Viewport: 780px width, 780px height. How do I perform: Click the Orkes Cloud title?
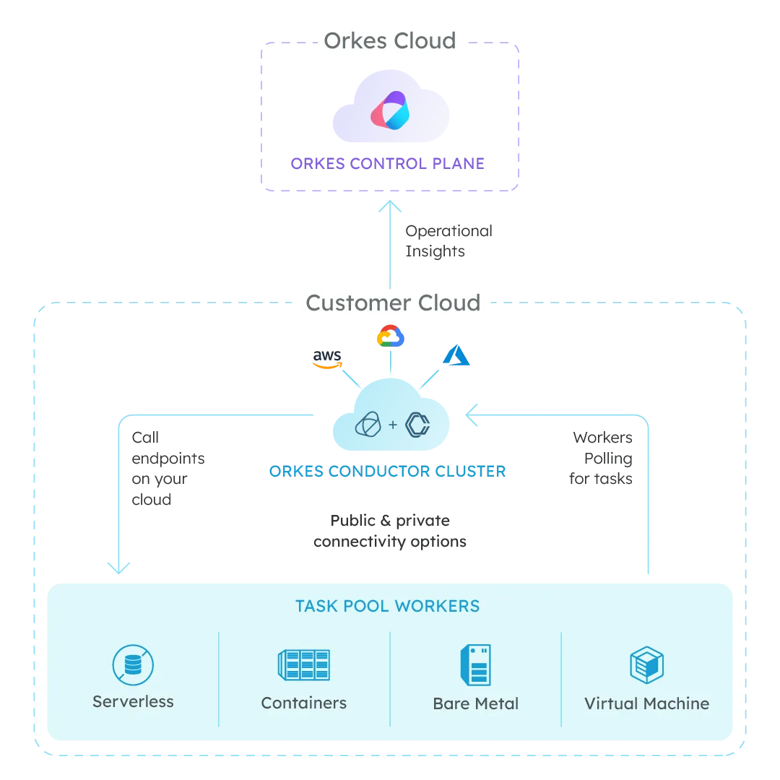click(x=390, y=40)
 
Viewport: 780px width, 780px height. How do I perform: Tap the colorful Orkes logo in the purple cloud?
click(x=390, y=110)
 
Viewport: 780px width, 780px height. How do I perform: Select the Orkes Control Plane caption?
click(x=387, y=164)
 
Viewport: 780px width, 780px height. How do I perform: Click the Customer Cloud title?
click(x=393, y=302)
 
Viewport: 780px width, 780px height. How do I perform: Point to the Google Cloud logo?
click(x=390, y=336)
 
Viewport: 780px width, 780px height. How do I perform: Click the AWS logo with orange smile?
click(x=326, y=357)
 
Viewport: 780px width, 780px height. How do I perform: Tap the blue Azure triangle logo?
click(x=456, y=356)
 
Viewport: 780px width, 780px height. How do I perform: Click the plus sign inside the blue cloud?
click(x=393, y=425)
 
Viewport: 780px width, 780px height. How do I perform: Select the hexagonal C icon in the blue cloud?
click(x=417, y=425)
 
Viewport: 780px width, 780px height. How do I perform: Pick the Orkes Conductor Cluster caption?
click(x=387, y=472)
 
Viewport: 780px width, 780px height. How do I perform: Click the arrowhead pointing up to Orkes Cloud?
click(x=390, y=207)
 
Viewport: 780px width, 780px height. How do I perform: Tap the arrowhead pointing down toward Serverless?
click(x=119, y=568)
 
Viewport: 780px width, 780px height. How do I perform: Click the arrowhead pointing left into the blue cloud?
click(x=472, y=415)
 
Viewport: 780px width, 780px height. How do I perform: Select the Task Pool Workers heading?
click(x=387, y=606)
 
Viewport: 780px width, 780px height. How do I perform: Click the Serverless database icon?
click(x=133, y=664)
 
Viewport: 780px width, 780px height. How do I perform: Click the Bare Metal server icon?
click(x=475, y=664)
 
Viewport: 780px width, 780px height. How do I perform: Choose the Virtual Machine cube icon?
click(x=646, y=664)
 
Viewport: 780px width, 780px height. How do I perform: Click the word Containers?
click(x=303, y=703)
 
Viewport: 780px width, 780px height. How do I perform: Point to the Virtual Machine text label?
click(x=646, y=703)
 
